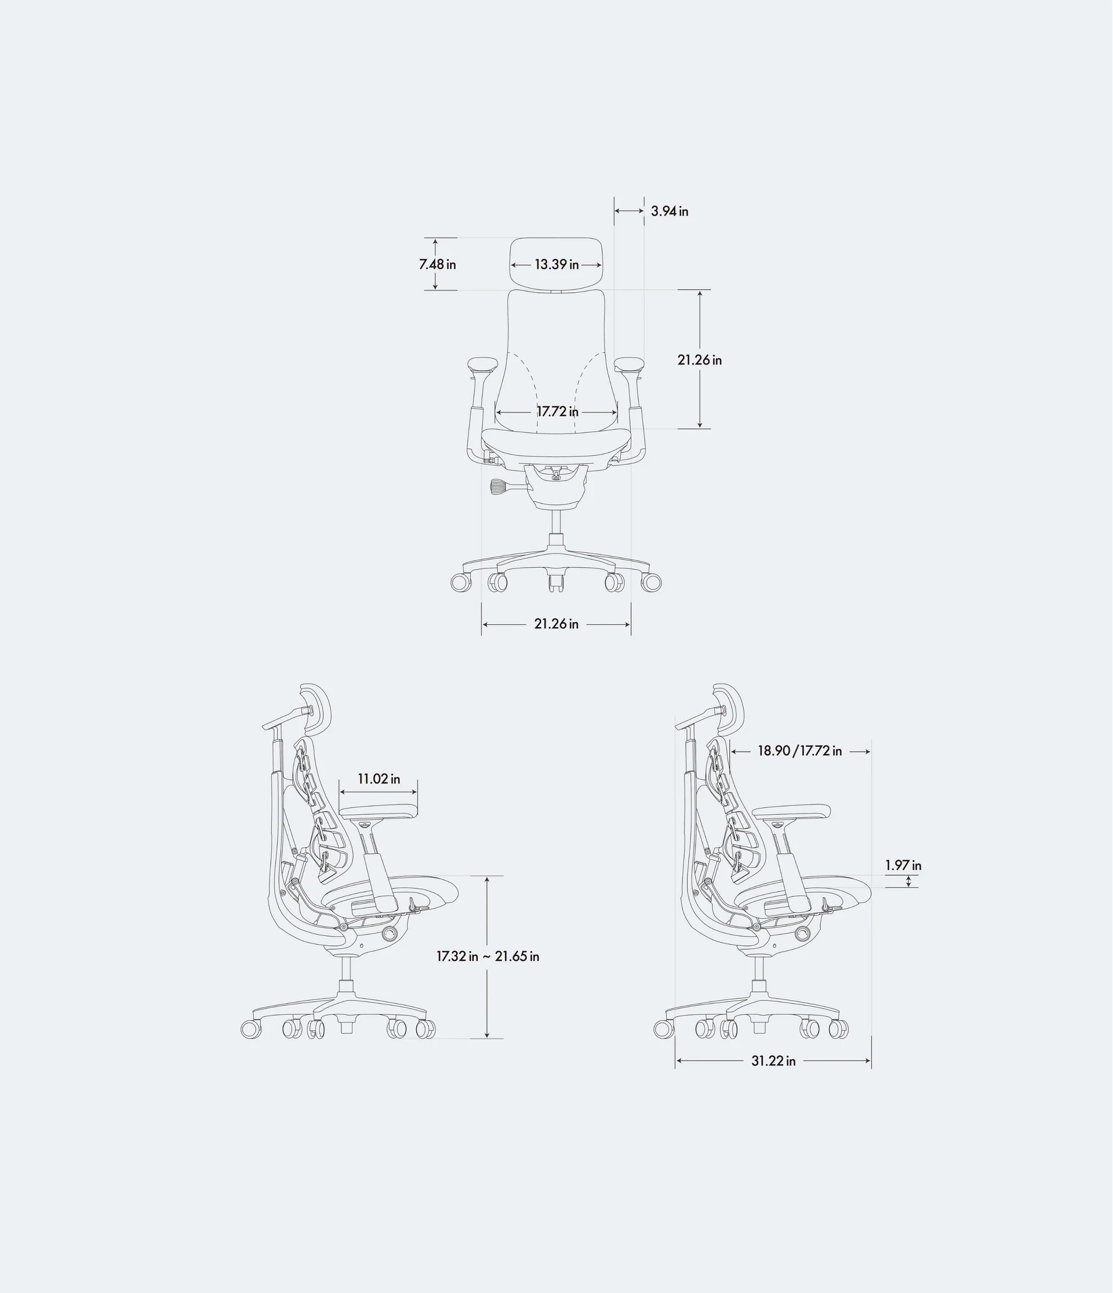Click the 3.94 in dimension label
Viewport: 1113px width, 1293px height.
(669, 212)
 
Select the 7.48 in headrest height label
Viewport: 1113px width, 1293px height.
(437, 265)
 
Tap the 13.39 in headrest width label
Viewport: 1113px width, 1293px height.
(556, 265)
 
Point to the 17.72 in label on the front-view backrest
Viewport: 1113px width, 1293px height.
(558, 412)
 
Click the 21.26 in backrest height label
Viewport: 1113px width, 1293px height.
(699, 360)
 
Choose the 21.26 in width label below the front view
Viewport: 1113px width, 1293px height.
(556, 624)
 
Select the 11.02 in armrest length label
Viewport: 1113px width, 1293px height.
(379, 779)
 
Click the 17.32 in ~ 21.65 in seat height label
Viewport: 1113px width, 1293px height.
(488, 956)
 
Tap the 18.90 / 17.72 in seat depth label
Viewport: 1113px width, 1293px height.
(799, 751)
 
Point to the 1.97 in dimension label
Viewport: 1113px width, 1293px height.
(903, 865)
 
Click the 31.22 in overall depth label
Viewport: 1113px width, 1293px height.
(773, 1061)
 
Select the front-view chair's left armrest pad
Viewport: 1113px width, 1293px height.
(481, 363)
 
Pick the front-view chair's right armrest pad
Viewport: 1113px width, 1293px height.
(629, 363)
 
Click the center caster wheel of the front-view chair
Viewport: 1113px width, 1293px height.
(556, 582)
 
